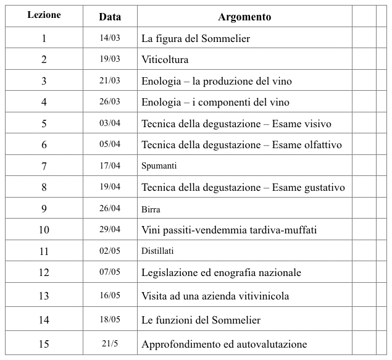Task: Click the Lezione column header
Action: pyautogui.click(x=44, y=15)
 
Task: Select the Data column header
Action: pyautogui.click(x=109, y=17)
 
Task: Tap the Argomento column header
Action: pyautogui.click(x=244, y=17)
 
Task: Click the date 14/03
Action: pyautogui.click(x=109, y=38)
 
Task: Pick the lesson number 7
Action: pyautogui.click(x=44, y=166)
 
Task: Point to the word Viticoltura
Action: pyautogui.click(x=165, y=60)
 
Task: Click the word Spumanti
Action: pyautogui.click(x=159, y=166)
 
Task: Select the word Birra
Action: pyautogui.click(x=151, y=209)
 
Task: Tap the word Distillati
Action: pyautogui.click(x=158, y=251)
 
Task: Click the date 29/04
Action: pyautogui.click(x=109, y=229)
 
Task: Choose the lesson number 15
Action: pyautogui.click(x=44, y=343)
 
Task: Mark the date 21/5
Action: pyautogui.click(x=109, y=343)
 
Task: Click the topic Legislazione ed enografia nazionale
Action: pyautogui.click(x=221, y=272)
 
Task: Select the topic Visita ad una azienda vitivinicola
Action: pyautogui.click(x=215, y=296)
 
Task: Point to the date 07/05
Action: pyautogui.click(x=109, y=271)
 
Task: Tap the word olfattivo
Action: pyautogui.click(x=320, y=145)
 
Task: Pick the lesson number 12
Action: pyautogui.click(x=44, y=272)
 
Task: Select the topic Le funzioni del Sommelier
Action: pyautogui.click(x=201, y=320)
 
